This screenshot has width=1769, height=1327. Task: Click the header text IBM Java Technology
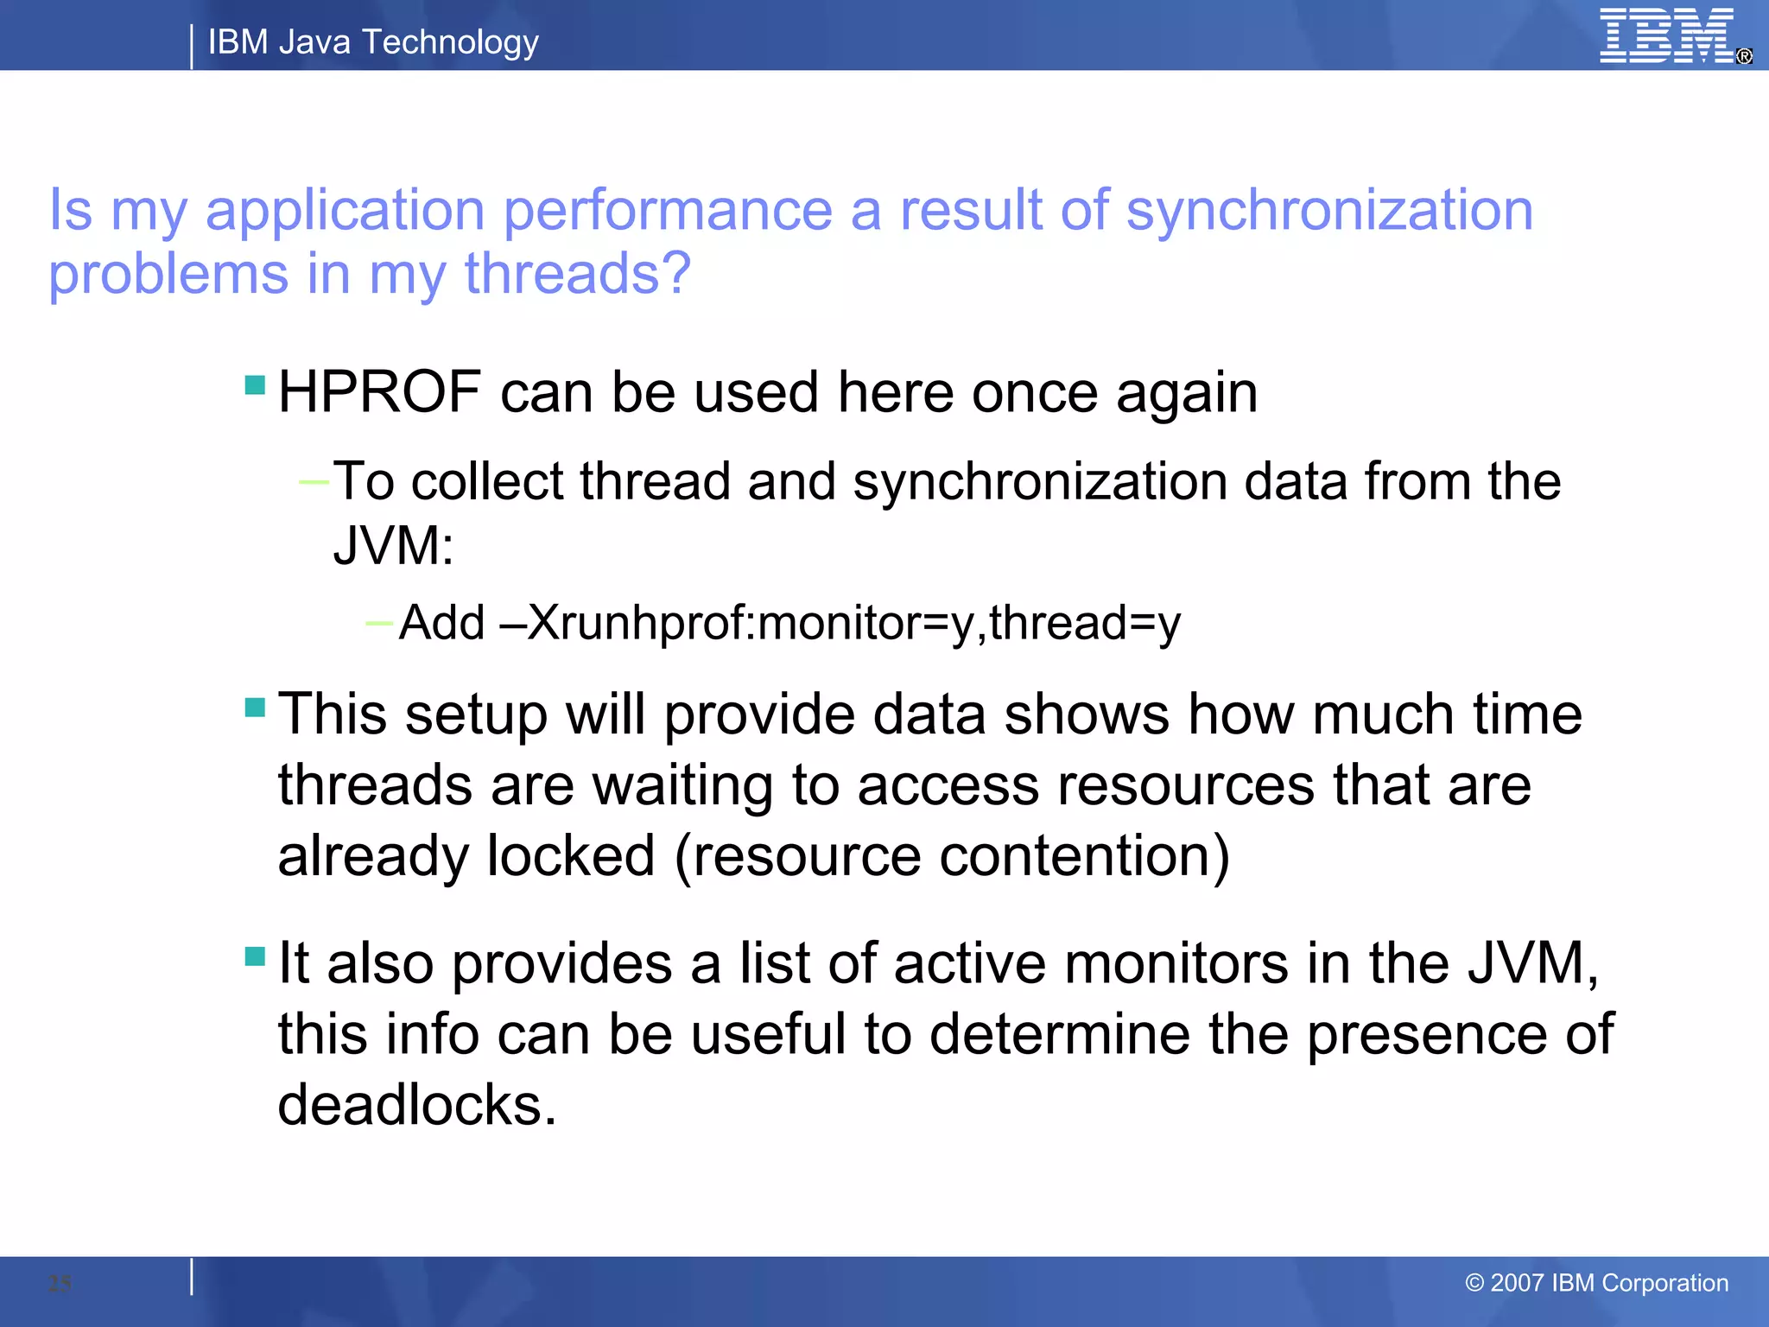click(x=373, y=41)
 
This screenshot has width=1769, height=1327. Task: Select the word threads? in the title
click(x=577, y=274)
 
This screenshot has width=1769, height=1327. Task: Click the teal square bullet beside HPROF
click(x=255, y=384)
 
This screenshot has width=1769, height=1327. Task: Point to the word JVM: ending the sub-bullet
click(x=393, y=546)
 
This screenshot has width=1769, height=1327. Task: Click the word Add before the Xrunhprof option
click(x=441, y=622)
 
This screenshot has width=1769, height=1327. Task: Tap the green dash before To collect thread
click(x=313, y=482)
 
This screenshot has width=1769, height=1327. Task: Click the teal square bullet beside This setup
click(x=255, y=708)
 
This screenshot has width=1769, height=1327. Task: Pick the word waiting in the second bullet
click(x=682, y=786)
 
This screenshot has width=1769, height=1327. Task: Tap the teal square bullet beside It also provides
click(x=255, y=956)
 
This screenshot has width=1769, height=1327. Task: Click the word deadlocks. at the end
click(x=417, y=1105)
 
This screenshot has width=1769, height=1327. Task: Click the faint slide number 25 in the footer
click(x=60, y=1284)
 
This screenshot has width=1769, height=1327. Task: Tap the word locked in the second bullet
click(x=570, y=857)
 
